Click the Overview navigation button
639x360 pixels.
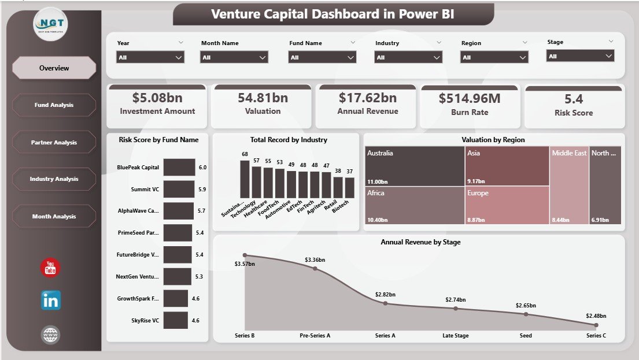[x=54, y=68]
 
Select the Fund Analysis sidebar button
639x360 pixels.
[x=54, y=105]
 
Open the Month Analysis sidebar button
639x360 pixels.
[x=54, y=217]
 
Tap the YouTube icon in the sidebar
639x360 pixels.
[x=50, y=268]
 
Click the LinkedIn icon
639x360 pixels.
[x=51, y=300]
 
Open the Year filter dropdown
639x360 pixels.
[x=150, y=57]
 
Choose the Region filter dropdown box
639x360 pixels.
[x=494, y=57]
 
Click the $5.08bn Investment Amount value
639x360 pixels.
[x=157, y=98]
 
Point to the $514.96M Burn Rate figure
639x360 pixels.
[x=469, y=98]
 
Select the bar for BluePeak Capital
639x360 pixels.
[x=179, y=168]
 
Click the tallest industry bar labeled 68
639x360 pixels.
[x=245, y=179]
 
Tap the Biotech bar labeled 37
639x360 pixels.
[x=349, y=187]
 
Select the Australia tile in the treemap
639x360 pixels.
[x=415, y=165]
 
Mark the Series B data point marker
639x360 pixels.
[x=245, y=255]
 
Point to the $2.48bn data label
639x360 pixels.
[x=596, y=316]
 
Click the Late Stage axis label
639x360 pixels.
[x=456, y=336]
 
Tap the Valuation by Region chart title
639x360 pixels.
[x=493, y=140]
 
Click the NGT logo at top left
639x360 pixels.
[x=50, y=24]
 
